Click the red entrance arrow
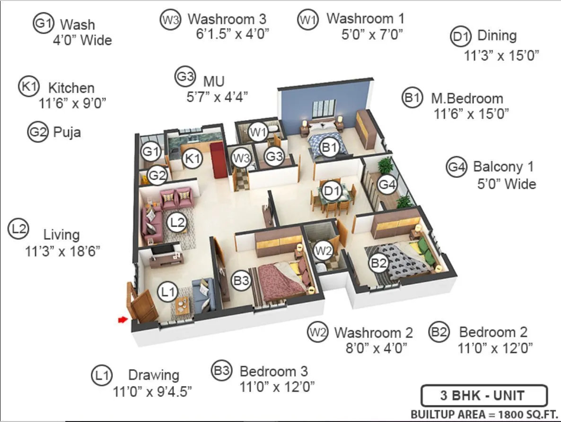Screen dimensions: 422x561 click(x=123, y=320)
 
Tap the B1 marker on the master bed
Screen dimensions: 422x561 click(x=329, y=148)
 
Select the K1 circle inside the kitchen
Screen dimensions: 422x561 click(x=193, y=159)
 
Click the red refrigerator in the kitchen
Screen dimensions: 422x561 click(x=219, y=159)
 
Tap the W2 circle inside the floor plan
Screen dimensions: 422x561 click(x=324, y=251)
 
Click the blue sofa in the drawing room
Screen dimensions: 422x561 click(x=203, y=295)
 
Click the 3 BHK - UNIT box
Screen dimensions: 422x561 click(x=483, y=396)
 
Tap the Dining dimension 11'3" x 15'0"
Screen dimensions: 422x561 click(x=501, y=56)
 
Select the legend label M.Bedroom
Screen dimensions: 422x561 click(x=466, y=98)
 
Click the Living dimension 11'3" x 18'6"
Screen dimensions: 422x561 click(x=62, y=251)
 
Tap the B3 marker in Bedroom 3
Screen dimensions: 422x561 click(x=241, y=281)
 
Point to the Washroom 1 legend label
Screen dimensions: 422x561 click(x=365, y=19)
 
